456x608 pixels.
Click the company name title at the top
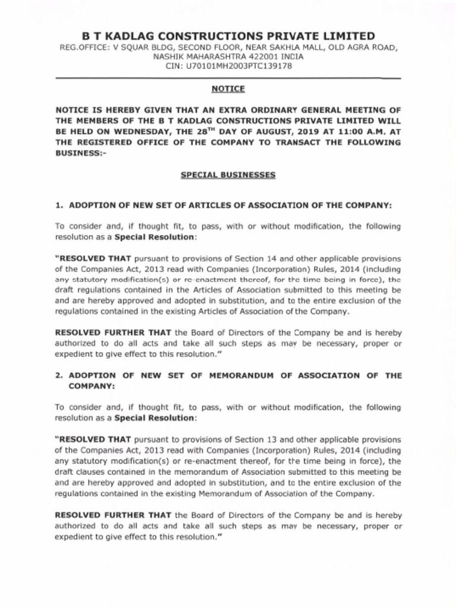pyautogui.click(x=228, y=36)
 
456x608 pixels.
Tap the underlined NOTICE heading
pyautogui.click(x=228, y=88)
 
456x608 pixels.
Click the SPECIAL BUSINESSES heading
pyautogui.click(x=228, y=175)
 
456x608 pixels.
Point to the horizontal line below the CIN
pyautogui.click(x=228, y=78)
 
